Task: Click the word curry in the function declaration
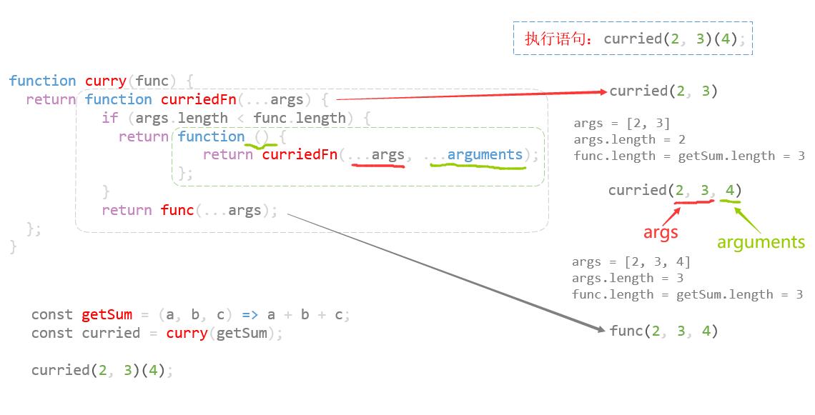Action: pyautogui.click(x=106, y=81)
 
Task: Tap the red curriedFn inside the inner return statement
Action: pyautogui.click(x=300, y=155)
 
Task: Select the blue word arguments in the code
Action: pyautogui.click(x=485, y=155)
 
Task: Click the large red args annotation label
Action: pyautogui.click(x=660, y=232)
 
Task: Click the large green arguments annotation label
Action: pyautogui.click(x=761, y=242)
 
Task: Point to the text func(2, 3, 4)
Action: pyautogui.click(x=663, y=331)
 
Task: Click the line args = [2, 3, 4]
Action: pyautogui.click(x=631, y=262)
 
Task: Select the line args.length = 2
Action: pyautogui.click(x=629, y=139)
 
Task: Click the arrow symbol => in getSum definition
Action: pyautogui.click(x=250, y=314)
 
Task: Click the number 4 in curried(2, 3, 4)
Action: pyautogui.click(x=730, y=190)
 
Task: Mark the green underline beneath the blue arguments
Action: pyautogui.click(x=478, y=168)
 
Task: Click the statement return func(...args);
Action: pyautogui.click(x=189, y=210)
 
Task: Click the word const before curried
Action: pyautogui.click(x=52, y=333)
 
